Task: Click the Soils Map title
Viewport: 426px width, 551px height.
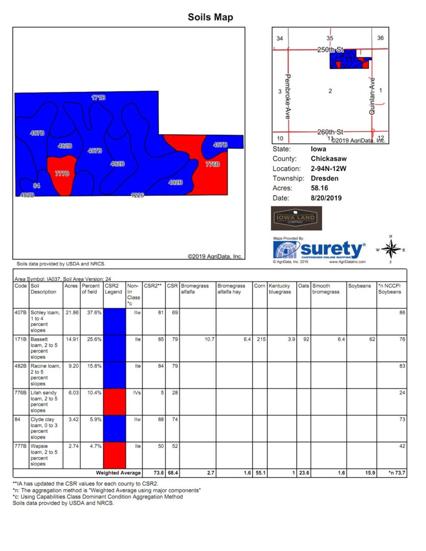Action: point(210,17)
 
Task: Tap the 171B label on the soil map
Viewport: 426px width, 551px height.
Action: point(98,97)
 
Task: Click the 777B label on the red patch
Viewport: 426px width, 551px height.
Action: point(62,173)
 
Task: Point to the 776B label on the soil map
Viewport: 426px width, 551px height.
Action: point(212,164)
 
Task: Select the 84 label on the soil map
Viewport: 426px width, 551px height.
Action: point(36,185)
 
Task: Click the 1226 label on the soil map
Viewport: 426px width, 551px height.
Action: point(137,195)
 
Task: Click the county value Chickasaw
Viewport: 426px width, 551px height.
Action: point(329,159)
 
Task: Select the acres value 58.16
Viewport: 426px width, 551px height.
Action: point(320,188)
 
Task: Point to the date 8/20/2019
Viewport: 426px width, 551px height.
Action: point(326,197)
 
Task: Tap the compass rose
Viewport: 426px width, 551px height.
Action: point(390,249)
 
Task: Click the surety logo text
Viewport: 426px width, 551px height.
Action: point(332,249)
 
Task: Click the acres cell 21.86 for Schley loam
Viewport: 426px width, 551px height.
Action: point(71,312)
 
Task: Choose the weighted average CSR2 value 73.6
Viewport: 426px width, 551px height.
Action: point(156,473)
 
